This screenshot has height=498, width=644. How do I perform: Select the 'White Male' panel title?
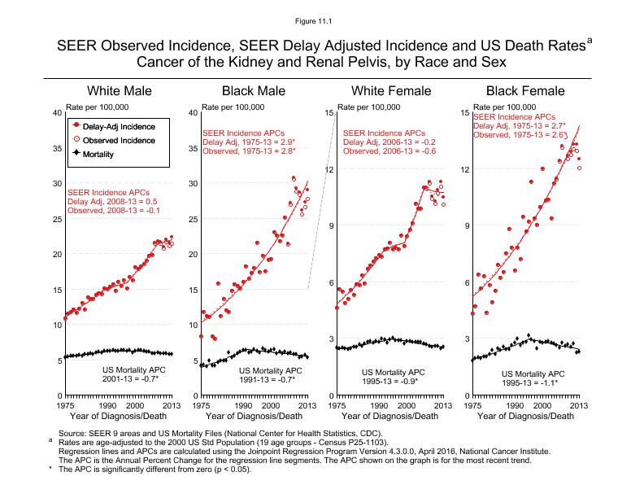point(120,90)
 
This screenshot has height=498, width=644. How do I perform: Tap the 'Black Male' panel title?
point(255,90)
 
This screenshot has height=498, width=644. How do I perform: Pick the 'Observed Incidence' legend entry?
point(119,140)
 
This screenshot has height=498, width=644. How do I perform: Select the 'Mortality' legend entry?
point(98,154)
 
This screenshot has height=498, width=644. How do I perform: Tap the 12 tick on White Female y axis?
point(329,169)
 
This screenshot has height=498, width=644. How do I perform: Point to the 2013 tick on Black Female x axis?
point(578,404)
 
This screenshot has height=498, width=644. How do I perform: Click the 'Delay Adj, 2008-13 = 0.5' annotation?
point(112,201)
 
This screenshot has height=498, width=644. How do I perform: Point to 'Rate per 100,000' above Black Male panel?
point(233,107)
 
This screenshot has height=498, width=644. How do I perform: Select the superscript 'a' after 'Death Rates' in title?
point(589,38)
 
